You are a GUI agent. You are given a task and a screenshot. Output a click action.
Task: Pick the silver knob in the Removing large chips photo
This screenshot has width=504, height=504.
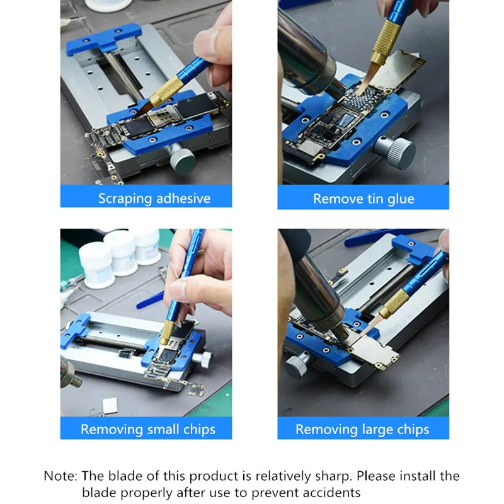(298, 364)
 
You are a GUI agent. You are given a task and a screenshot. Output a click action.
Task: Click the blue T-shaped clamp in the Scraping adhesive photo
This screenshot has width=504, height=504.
(103, 39)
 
